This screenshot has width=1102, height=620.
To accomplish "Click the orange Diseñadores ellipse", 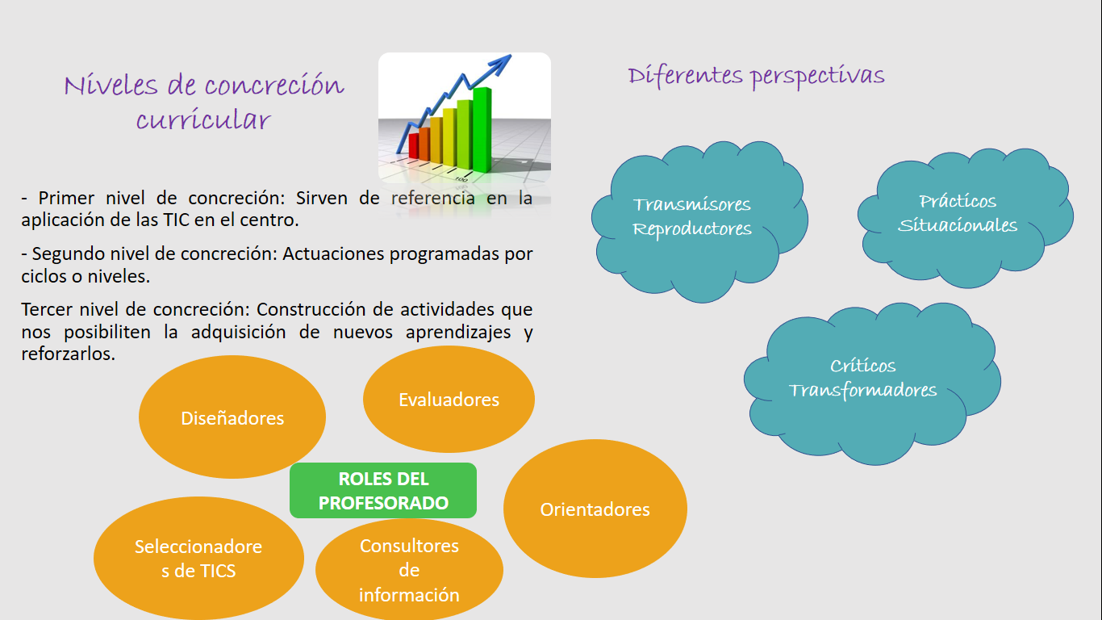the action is click(x=232, y=417).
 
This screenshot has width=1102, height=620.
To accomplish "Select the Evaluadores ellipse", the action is click(x=449, y=399).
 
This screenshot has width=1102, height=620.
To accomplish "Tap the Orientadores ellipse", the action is click(x=595, y=509).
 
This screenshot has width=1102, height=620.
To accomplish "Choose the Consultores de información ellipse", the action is click(x=409, y=569).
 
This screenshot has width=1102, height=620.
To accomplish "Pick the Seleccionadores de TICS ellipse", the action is click(x=198, y=558).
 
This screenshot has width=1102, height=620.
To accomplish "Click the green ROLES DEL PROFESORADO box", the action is click(x=383, y=490).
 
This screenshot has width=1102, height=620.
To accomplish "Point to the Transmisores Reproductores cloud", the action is click(x=699, y=222).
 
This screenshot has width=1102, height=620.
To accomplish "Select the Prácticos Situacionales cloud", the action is click(x=965, y=218).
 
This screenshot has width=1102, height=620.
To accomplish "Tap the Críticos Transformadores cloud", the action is click(x=872, y=383).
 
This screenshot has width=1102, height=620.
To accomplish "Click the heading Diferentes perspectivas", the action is click(x=756, y=77).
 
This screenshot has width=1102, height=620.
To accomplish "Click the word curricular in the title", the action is click(x=203, y=119).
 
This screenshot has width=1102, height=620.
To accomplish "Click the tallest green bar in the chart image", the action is click(x=482, y=129).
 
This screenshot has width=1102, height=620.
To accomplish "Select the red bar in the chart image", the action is click(x=414, y=145).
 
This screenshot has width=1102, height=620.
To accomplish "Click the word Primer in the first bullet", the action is click(x=66, y=199).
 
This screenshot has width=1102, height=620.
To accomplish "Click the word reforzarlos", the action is click(x=68, y=354).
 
